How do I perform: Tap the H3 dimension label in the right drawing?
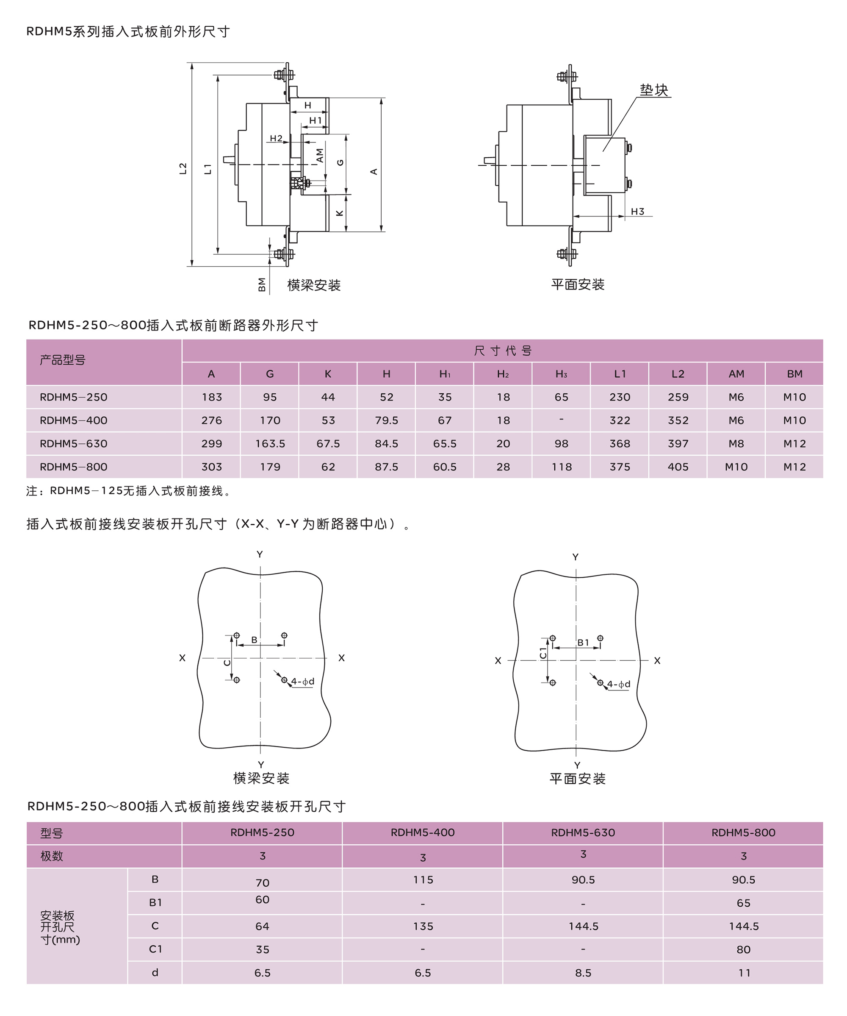[x=637, y=212]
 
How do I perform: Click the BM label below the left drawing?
[x=262, y=284]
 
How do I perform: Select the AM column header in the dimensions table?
[x=736, y=374]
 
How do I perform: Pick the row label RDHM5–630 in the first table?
[x=74, y=444]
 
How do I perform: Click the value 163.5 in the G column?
[x=270, y=444]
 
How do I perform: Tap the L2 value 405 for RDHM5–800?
[x=678, y=467]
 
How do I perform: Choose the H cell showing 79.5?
[x=386, y=420]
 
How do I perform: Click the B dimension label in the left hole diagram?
[x=254, y=640]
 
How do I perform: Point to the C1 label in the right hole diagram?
[x=543, y=653]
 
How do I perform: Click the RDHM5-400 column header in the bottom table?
[x=423, y=832]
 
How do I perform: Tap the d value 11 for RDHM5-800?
[x=744, y=973]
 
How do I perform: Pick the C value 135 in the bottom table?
[x=423, y=926]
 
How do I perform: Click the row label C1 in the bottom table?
[x=155, y=949]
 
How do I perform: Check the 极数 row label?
[x=52, y=856]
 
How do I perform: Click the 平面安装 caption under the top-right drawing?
[x=578, y=284]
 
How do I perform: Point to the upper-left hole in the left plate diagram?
[x=236, y=635]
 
